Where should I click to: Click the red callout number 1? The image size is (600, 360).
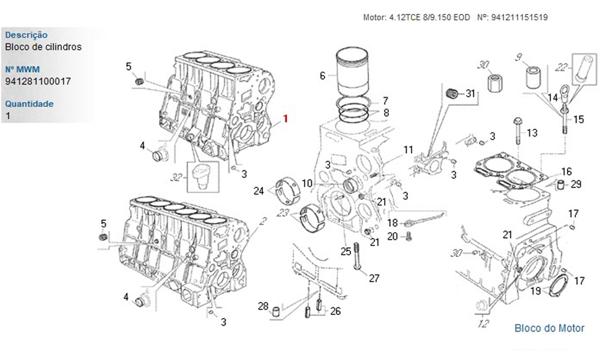286,119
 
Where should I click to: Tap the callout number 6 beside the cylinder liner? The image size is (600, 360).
322,76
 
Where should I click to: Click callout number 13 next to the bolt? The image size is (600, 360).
532,133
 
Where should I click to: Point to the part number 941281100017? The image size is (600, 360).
38,80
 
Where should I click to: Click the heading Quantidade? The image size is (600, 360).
29,104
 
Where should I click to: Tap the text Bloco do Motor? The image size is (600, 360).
549,328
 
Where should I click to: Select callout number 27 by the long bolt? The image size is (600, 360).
374,278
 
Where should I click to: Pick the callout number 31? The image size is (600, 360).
470,93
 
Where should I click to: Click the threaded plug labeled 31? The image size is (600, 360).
454,92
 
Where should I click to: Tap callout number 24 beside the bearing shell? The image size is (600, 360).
259,191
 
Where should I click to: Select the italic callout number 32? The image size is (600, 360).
176,178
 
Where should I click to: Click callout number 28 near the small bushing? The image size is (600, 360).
263,307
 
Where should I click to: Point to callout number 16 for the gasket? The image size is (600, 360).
566,172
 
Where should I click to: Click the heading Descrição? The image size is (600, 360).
26,35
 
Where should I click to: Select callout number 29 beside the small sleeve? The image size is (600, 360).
576,184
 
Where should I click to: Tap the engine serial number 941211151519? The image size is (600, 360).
519,18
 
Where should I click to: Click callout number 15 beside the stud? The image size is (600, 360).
578,119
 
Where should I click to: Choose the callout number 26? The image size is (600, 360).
335,311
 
